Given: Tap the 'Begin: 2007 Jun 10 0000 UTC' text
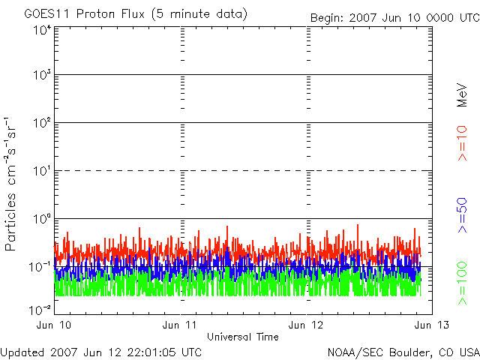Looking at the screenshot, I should [394, 17].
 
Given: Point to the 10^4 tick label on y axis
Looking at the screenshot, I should [41, 30].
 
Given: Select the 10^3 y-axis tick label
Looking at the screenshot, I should [41, 76].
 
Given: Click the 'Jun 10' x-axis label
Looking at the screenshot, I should [54, 325].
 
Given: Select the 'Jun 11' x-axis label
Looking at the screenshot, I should [181, 325].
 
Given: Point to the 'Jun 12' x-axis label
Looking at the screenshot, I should [307, 325].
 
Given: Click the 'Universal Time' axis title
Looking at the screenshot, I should [243, 337].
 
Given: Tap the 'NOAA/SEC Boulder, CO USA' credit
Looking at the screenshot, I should [403, 352].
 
